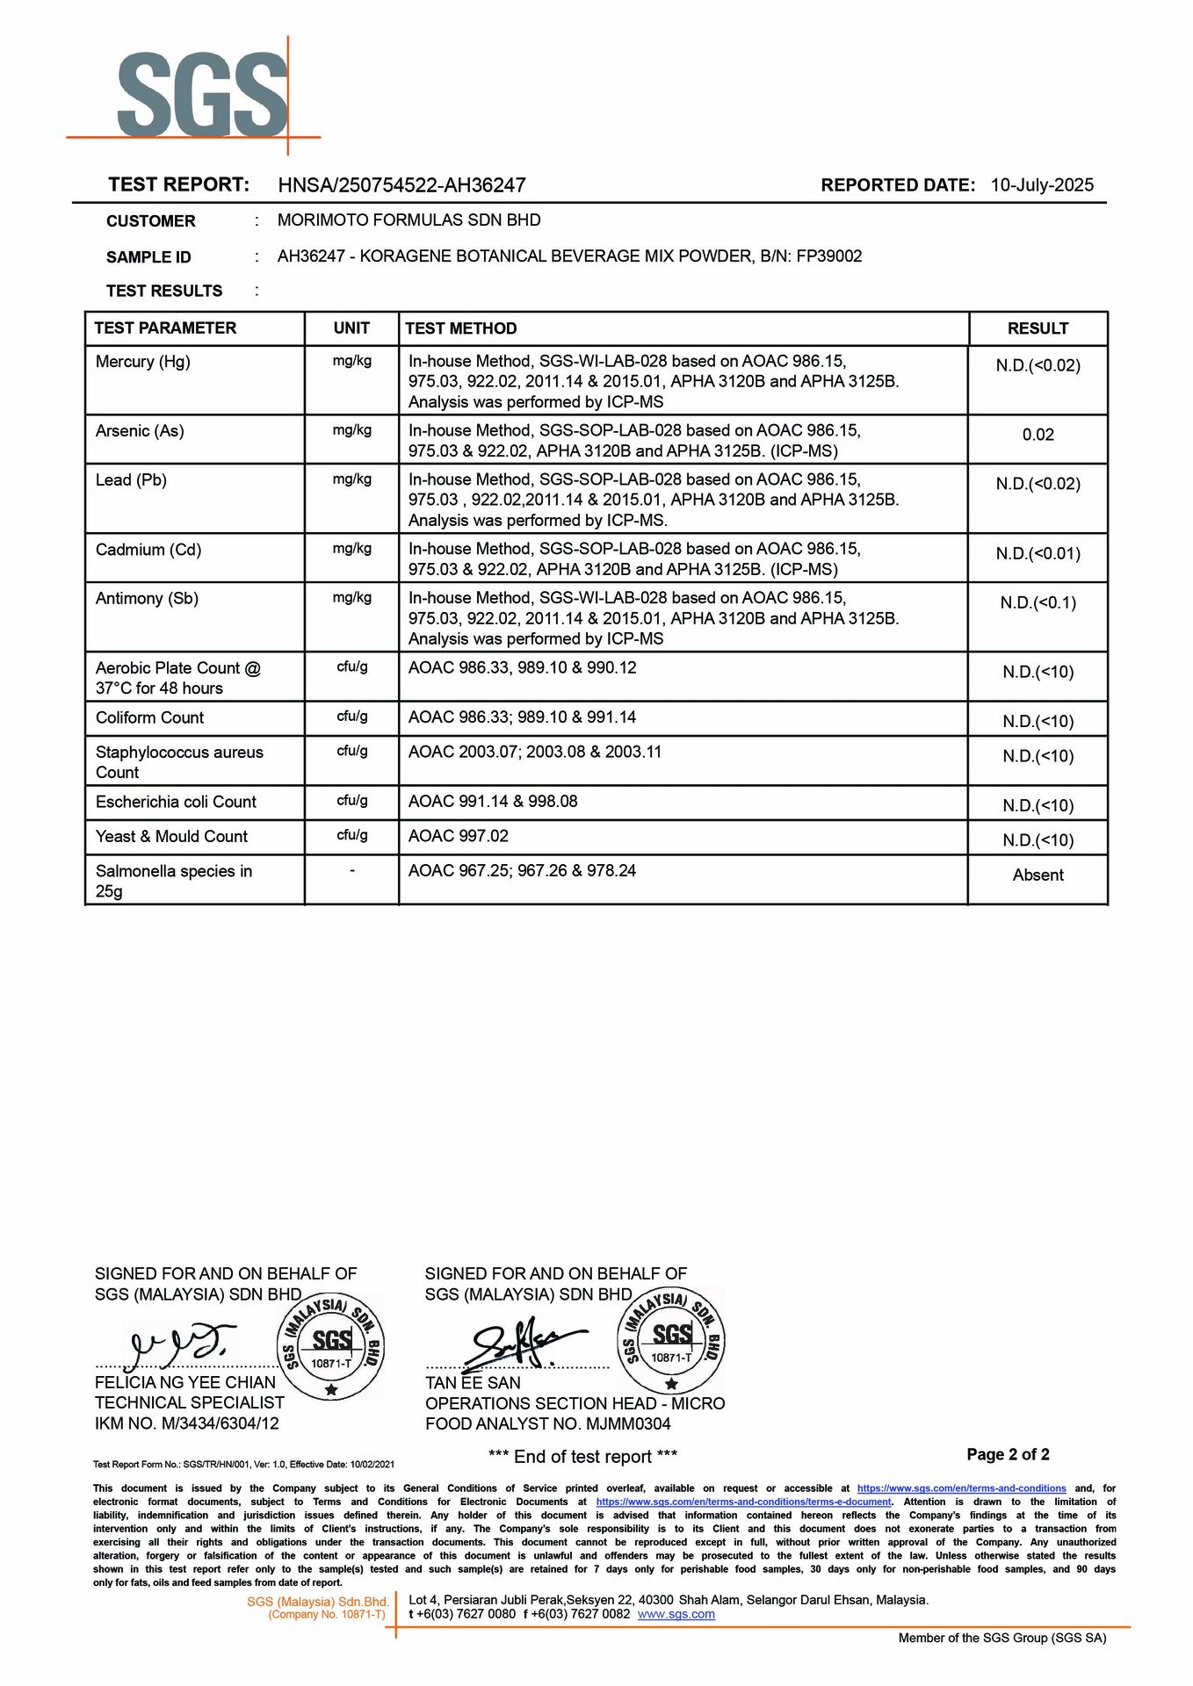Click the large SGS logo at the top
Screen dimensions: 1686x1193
[x=203, y=95]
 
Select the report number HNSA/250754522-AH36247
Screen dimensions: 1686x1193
[x=401, y=185]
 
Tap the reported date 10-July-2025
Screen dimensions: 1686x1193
[x=1042, y=185]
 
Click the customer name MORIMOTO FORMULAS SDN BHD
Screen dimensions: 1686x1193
[x=409, y=220]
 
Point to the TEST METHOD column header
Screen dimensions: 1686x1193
[x=460, y=328]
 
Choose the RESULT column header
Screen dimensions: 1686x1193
[x=1038, y=328]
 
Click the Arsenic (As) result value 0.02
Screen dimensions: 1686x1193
[x=1038, y=435]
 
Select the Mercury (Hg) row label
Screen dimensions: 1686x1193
[x=143, y=362]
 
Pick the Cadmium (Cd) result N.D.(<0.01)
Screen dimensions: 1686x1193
[x=1038, y=554]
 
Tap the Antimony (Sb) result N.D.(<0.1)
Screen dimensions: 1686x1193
[x=1038, y=603]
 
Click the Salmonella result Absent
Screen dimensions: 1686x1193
[x=1038, y=875]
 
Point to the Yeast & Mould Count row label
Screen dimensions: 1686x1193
[x=171, y=837]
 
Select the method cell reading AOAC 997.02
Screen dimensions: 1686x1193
[x=459, y=836]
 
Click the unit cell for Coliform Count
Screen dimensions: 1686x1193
[x=352, y=717]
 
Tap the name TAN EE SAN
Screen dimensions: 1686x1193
[x=473, y=1383]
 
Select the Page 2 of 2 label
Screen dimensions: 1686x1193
[x=1008, y=1455]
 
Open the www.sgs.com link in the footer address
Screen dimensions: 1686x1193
[x=676, y=1615]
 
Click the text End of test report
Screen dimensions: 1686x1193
[x=582, y=1458]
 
